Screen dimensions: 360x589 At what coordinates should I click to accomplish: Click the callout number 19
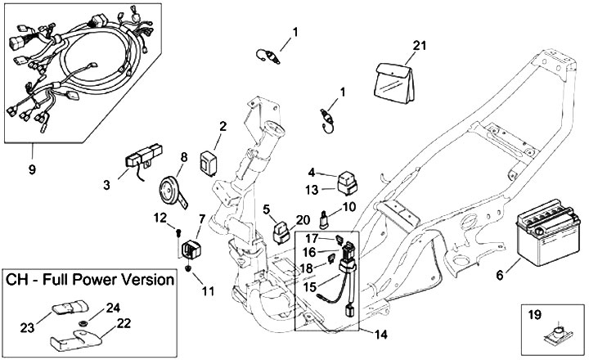tap(536, 313)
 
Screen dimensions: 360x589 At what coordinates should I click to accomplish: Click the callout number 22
tap(124, 324)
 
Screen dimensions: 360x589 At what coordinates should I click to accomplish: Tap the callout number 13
tap(312, 190)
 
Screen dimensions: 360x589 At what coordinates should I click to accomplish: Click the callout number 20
tap(302, 220)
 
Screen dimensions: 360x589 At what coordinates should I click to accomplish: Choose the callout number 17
tap(312, 238)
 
